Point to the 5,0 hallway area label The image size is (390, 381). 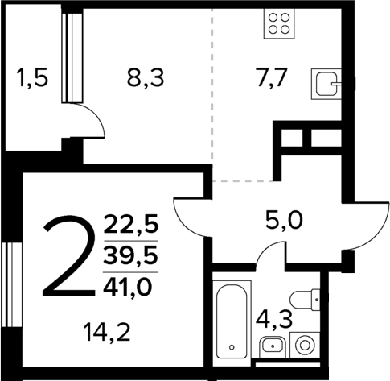(x=284, y=218)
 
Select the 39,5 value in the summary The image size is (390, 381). (x=132, y=255)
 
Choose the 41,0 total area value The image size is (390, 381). (x=132, y=287)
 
